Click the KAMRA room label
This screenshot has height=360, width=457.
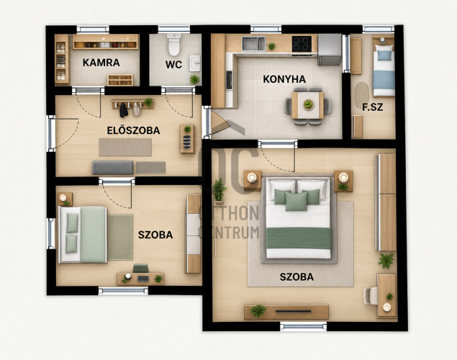101,63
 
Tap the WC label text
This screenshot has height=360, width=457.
173,64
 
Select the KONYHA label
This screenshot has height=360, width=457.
284,79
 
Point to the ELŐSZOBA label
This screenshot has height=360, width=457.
133,130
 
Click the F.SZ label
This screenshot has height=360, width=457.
373,107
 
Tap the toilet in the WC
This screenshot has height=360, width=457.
174,45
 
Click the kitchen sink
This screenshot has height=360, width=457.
253,44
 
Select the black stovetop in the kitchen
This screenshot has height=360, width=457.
302,44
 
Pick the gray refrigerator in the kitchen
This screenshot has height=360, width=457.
330,50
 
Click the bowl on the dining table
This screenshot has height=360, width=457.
308,104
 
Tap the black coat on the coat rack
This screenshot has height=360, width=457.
124,110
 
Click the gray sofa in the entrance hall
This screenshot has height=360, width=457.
113,168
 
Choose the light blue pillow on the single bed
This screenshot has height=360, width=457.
384,55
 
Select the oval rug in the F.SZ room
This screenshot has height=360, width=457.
361,95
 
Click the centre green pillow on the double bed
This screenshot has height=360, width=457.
296,201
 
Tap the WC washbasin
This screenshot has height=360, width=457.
195,63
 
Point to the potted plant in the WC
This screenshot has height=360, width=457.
194,79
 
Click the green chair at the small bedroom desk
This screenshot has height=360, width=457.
141,268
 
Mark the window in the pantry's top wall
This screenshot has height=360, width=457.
93,29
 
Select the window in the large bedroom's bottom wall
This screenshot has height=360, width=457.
304,326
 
